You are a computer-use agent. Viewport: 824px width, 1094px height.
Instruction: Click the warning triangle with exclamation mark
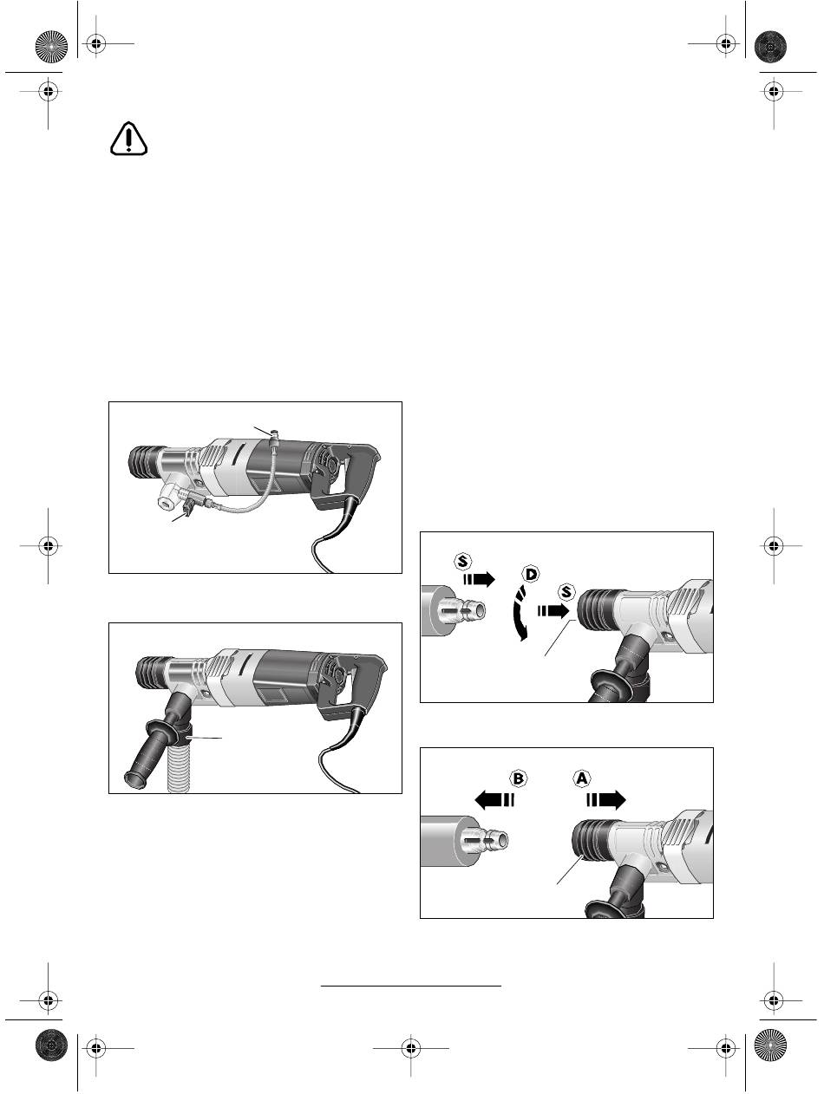pos(129,138)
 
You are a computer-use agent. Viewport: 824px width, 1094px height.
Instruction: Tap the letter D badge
pos(530,574)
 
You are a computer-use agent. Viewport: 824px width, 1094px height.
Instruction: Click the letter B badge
pos(517,778)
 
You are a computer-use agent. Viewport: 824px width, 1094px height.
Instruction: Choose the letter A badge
pos(581,778)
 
